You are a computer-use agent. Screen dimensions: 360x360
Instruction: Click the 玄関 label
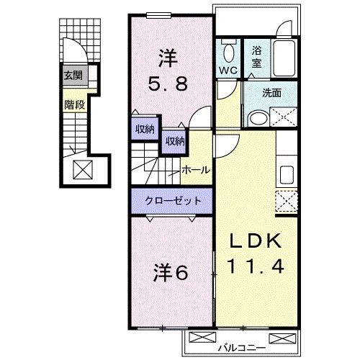click(x=72, y=76)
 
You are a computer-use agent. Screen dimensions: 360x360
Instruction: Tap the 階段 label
click(x=73, y=104)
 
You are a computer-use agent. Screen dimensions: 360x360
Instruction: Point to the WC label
click(x=228, y=71)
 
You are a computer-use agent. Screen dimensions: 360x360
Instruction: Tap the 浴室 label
click(x=257, y=57)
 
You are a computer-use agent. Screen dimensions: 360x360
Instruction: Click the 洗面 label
click(x=271, y=92)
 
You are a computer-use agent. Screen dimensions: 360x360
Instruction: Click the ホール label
click(x=196, y=170)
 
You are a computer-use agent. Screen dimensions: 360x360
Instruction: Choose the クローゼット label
click(x=171, y=201)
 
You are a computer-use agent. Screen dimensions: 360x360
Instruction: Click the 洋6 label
click(x=171, y=274)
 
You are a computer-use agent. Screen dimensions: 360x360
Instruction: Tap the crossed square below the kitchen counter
click(x=287, y=202)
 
